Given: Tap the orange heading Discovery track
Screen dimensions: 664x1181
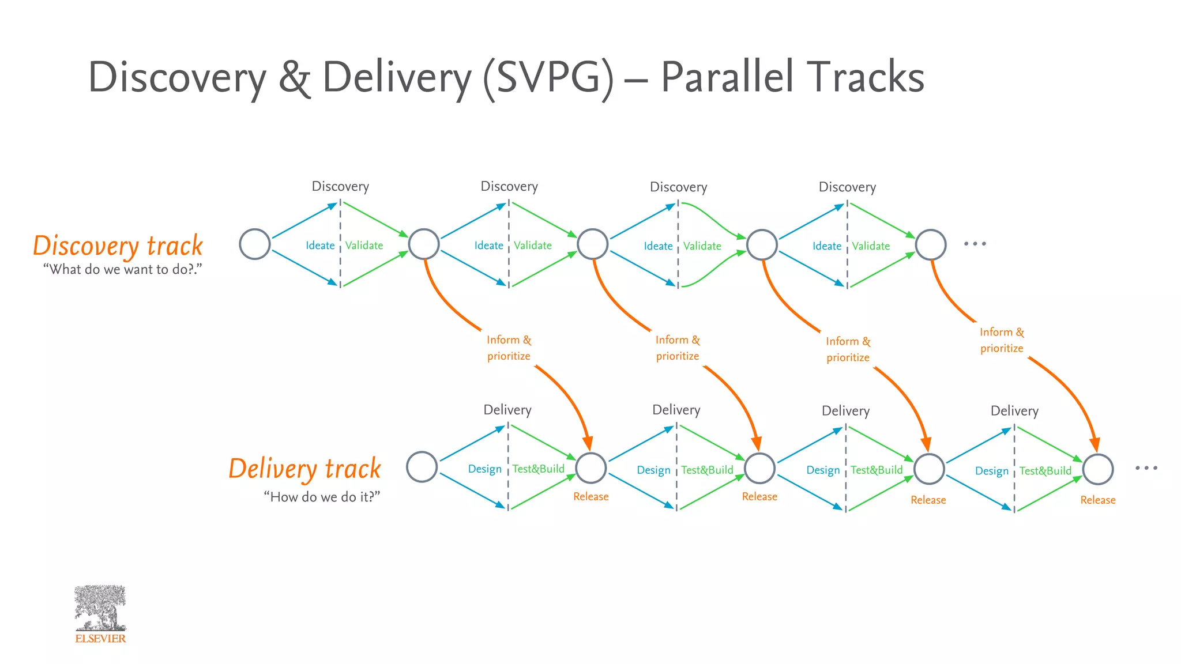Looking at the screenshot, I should click(118, 246).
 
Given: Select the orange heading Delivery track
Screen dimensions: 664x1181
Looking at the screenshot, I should click(304, 469).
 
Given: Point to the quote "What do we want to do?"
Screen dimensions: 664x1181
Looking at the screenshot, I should click(122, 269).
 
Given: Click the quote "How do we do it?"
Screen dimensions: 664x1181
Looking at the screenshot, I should click(322, 497).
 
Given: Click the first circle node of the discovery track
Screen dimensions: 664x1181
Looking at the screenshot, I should click(255, 244).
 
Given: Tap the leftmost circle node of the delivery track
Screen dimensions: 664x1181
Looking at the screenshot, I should click(422, 467).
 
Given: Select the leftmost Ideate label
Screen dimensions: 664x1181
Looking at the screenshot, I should click(320, 246).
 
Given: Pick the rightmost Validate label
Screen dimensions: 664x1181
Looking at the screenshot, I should click(871, 246).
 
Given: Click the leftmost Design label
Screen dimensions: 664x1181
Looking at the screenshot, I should click(484, 469).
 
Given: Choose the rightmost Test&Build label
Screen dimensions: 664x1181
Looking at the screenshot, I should click(1045, 471).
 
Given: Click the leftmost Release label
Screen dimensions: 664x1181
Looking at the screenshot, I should click(590, 497).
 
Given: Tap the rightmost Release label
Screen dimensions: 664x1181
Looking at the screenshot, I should click(1097, 500).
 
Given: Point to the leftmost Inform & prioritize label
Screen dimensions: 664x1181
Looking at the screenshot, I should click(509, 348).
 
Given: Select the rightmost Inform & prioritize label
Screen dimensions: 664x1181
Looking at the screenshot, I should click(1002, 340).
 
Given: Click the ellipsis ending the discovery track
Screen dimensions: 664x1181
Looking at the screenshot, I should click(975, 244).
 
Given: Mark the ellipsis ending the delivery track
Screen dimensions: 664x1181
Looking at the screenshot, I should click(1146, 468).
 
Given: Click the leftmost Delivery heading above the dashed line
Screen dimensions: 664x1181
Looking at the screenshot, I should click(507, 410).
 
